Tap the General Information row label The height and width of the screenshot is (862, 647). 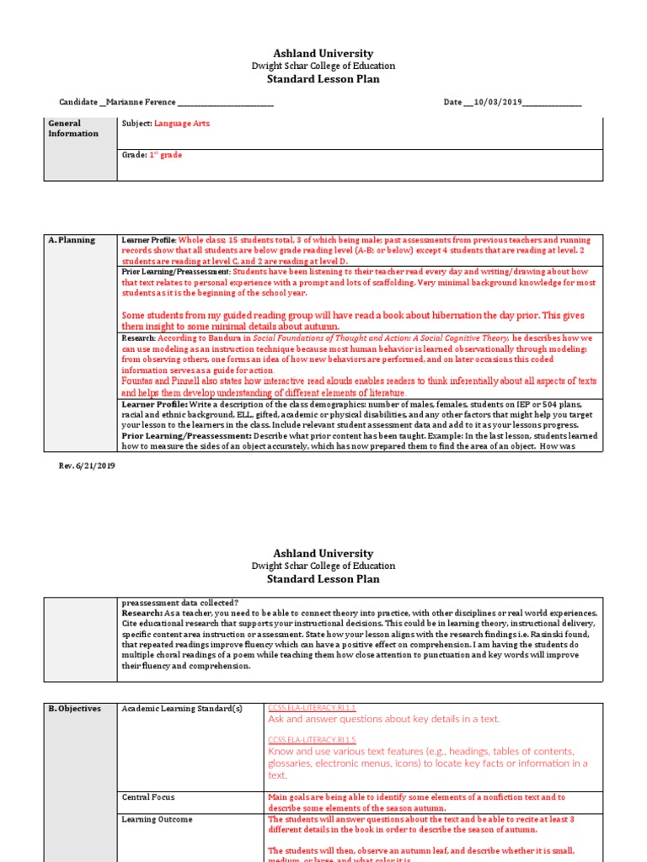[73, 128]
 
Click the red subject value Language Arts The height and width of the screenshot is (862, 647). [182, 123]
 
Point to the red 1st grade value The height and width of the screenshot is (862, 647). [166, 155]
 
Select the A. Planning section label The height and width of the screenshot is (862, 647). [72, 240]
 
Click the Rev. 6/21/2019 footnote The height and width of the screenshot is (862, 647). [87, 465]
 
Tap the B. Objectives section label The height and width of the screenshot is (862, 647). [75, 708]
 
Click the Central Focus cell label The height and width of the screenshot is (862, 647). [148, 796]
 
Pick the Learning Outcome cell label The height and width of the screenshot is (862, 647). [157, 819]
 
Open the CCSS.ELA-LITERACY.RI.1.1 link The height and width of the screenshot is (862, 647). [312, 708]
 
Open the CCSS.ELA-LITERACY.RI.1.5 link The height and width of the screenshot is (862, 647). [312, 739]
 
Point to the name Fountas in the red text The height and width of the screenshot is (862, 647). [140, 380]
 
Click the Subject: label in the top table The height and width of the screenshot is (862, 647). [136, 123]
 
